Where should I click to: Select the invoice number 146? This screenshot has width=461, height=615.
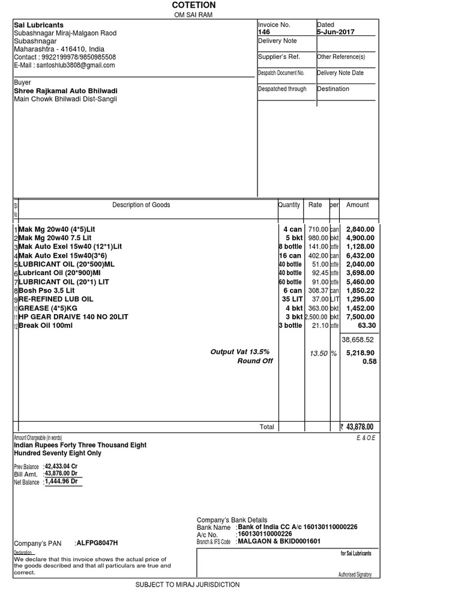(264, 32)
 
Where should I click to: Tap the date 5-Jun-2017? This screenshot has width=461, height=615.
(336, 32)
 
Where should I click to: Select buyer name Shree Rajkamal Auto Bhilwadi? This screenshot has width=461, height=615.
(65, 91)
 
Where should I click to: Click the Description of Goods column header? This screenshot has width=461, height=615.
(141, 205)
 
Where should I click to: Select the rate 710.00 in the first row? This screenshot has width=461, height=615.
(318, 229)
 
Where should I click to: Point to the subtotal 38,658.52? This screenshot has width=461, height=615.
(358, 339)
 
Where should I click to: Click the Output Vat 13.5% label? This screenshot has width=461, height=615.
(240, 352)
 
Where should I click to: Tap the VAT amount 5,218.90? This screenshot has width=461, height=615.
(360, 353)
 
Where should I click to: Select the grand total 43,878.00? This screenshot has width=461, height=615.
(360, 427)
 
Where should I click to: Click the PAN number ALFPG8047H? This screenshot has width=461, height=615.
(97, 543)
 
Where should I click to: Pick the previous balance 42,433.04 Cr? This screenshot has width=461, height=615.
(61, 465)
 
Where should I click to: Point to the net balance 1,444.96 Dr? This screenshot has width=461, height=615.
(61, 481)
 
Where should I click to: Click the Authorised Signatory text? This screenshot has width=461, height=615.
(355, 575)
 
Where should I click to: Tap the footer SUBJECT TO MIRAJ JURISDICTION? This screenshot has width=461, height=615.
(187, 584)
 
